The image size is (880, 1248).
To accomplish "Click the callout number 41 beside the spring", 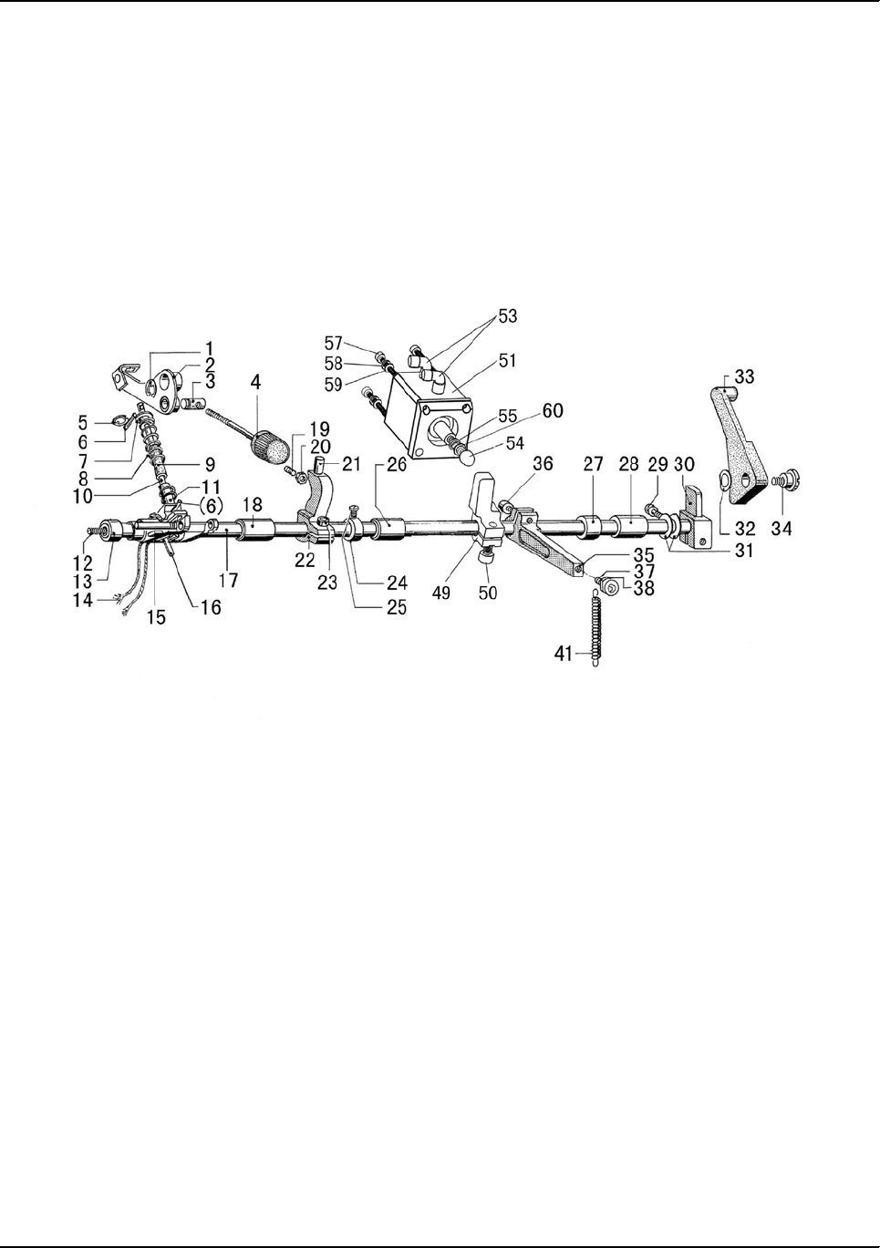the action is tap(564, 653).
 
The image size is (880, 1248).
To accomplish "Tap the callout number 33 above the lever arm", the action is tap(744, 376).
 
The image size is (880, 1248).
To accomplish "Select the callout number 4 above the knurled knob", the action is tap(256, 385).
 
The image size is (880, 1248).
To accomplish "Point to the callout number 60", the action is tap(553, 411).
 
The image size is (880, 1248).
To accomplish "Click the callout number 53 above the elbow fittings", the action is tap(506, 316).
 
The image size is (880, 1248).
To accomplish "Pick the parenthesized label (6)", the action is tap(209, 505).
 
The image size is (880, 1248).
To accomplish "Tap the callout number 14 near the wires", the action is tap(84, 601).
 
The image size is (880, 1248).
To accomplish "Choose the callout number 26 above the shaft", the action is tap(397, 465).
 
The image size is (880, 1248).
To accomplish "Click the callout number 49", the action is tap(441, 593).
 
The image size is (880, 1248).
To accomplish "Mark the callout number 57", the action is tap(334, 343).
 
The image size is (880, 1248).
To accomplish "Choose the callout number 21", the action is tap(352, 465).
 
